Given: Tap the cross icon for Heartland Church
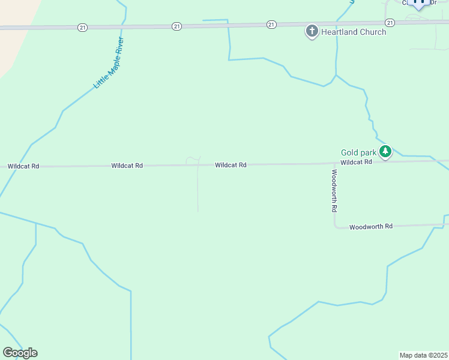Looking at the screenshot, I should [x=312, y=30].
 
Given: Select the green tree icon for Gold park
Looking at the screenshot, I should [x=385, y=151].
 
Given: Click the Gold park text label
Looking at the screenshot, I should [x=358, y=153].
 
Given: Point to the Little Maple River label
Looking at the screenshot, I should [x=109, y=63].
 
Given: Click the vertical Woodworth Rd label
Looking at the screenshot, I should [x=334, y=191].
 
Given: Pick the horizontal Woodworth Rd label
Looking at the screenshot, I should [x=370, y=227].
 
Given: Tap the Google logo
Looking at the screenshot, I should [x=20, y=353].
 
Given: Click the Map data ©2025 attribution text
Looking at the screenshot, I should [x=424, y=355].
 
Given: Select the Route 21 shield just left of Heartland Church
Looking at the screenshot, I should [x=272, y=25].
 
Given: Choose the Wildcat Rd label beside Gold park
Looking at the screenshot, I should [x=356, y=162].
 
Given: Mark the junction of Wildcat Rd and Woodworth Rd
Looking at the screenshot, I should [x=334, y=163].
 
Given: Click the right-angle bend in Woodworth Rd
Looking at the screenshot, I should [x=335, y=227].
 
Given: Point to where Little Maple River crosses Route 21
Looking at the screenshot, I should [x=123, y=27].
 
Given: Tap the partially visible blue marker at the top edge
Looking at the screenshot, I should [x=420, y=4].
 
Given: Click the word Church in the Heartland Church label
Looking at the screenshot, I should [x=369, y=32].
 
